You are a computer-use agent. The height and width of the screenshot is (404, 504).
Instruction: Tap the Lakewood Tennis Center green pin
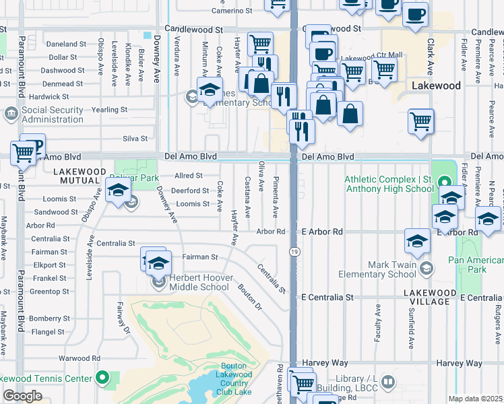tap(103, 377)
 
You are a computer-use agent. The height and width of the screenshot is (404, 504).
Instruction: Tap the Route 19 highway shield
tap(295, 251)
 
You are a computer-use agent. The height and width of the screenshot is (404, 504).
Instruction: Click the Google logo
tap(22, 396)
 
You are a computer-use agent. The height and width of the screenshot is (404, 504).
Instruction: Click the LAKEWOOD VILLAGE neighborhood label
tap(427, 297)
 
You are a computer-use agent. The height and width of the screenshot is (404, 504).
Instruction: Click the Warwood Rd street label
tap(80, 358)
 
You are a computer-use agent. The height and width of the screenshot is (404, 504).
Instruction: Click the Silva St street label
tap(135, 138)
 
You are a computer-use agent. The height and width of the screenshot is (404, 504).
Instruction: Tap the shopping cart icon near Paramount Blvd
tap(22, 154)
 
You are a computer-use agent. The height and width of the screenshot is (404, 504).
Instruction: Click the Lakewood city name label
tap(436, 86)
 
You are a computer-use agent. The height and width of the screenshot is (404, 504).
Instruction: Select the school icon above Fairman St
tap(158, 263)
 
